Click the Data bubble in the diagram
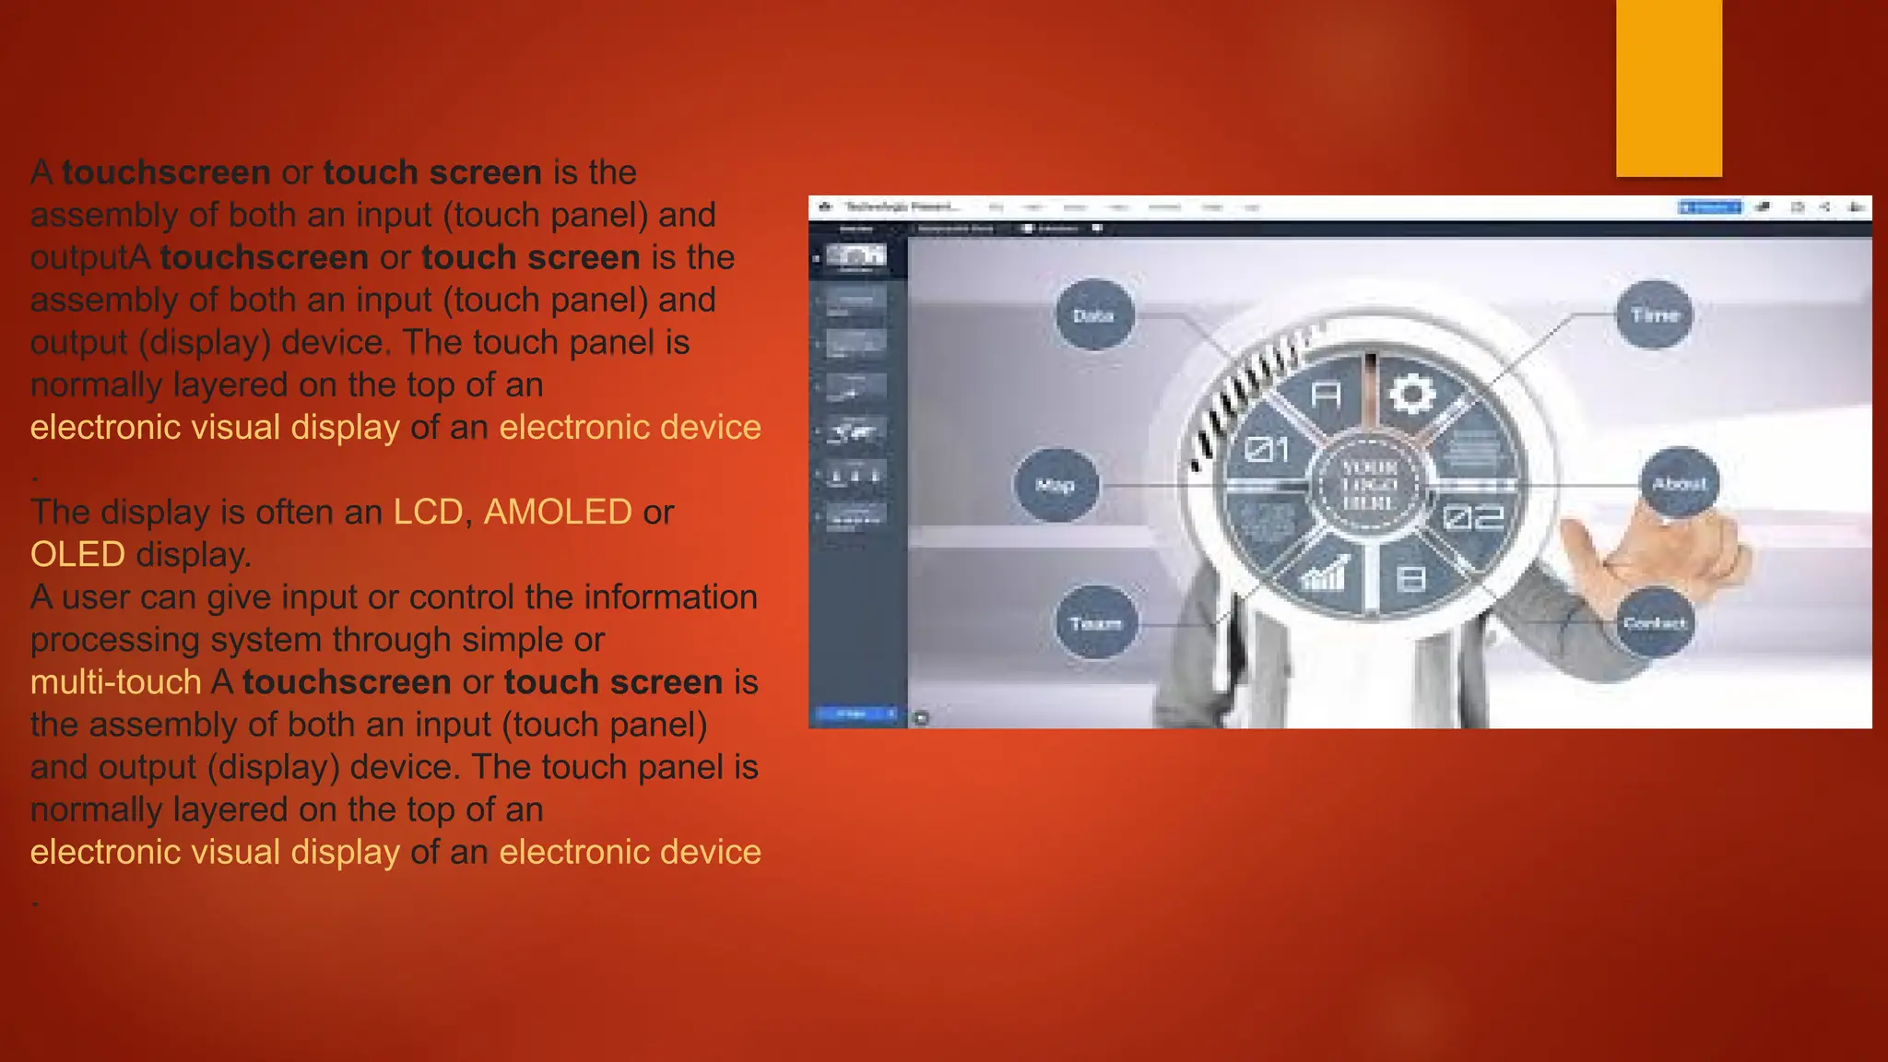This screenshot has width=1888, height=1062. click(x=1093, y=315)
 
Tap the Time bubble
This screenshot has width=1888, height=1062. click(x=1655, y=314)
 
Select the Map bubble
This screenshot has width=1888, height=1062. click(x=1056, y=485)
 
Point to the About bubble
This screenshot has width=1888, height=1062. click(x=1680, y=483)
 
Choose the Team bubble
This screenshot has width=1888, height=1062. click(x=1095, y=623)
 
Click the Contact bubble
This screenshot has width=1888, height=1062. click(x=1655, y=623)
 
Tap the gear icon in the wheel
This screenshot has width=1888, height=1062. click(x=1411, y=395)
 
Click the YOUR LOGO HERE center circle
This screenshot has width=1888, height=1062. click(x=1369, y=485)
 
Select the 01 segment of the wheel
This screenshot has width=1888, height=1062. click(x=1268, y=450)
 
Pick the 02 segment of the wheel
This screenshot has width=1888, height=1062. click(x=1472, y=517)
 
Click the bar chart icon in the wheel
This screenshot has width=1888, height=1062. click(x=1324, y=573)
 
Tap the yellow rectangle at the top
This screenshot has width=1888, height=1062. click(x=1669, y=88)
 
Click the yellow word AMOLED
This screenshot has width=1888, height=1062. click(x=558, y=512)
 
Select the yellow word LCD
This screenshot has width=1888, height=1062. click(x=428, y=512)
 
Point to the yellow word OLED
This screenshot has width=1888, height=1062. click(x=77, y=554)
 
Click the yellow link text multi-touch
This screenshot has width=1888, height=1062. click(x=115, y=682)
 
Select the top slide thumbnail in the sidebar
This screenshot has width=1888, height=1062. click(x=855, y=257)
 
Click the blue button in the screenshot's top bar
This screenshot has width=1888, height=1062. click(x=1709, y=207)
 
